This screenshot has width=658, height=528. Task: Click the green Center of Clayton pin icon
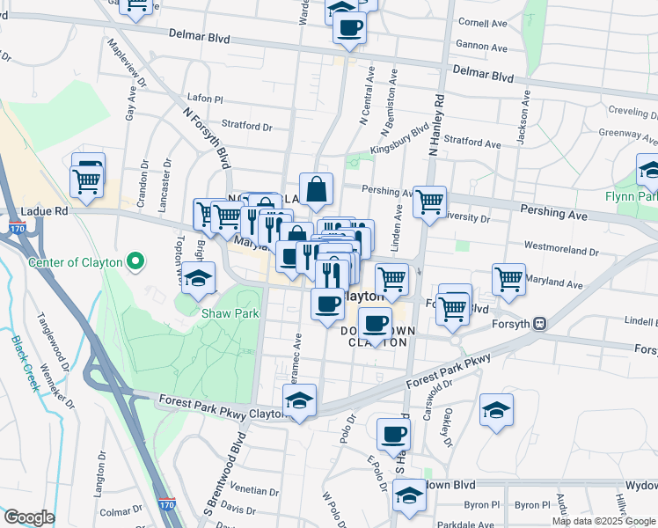[x=135, y=261]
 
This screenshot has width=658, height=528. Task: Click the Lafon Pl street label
[x=206, y=99]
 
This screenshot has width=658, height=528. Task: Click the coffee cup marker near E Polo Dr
[x=393, y=433]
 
